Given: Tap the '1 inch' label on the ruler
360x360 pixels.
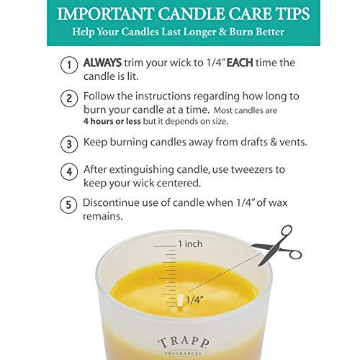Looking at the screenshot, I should point(190,243).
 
